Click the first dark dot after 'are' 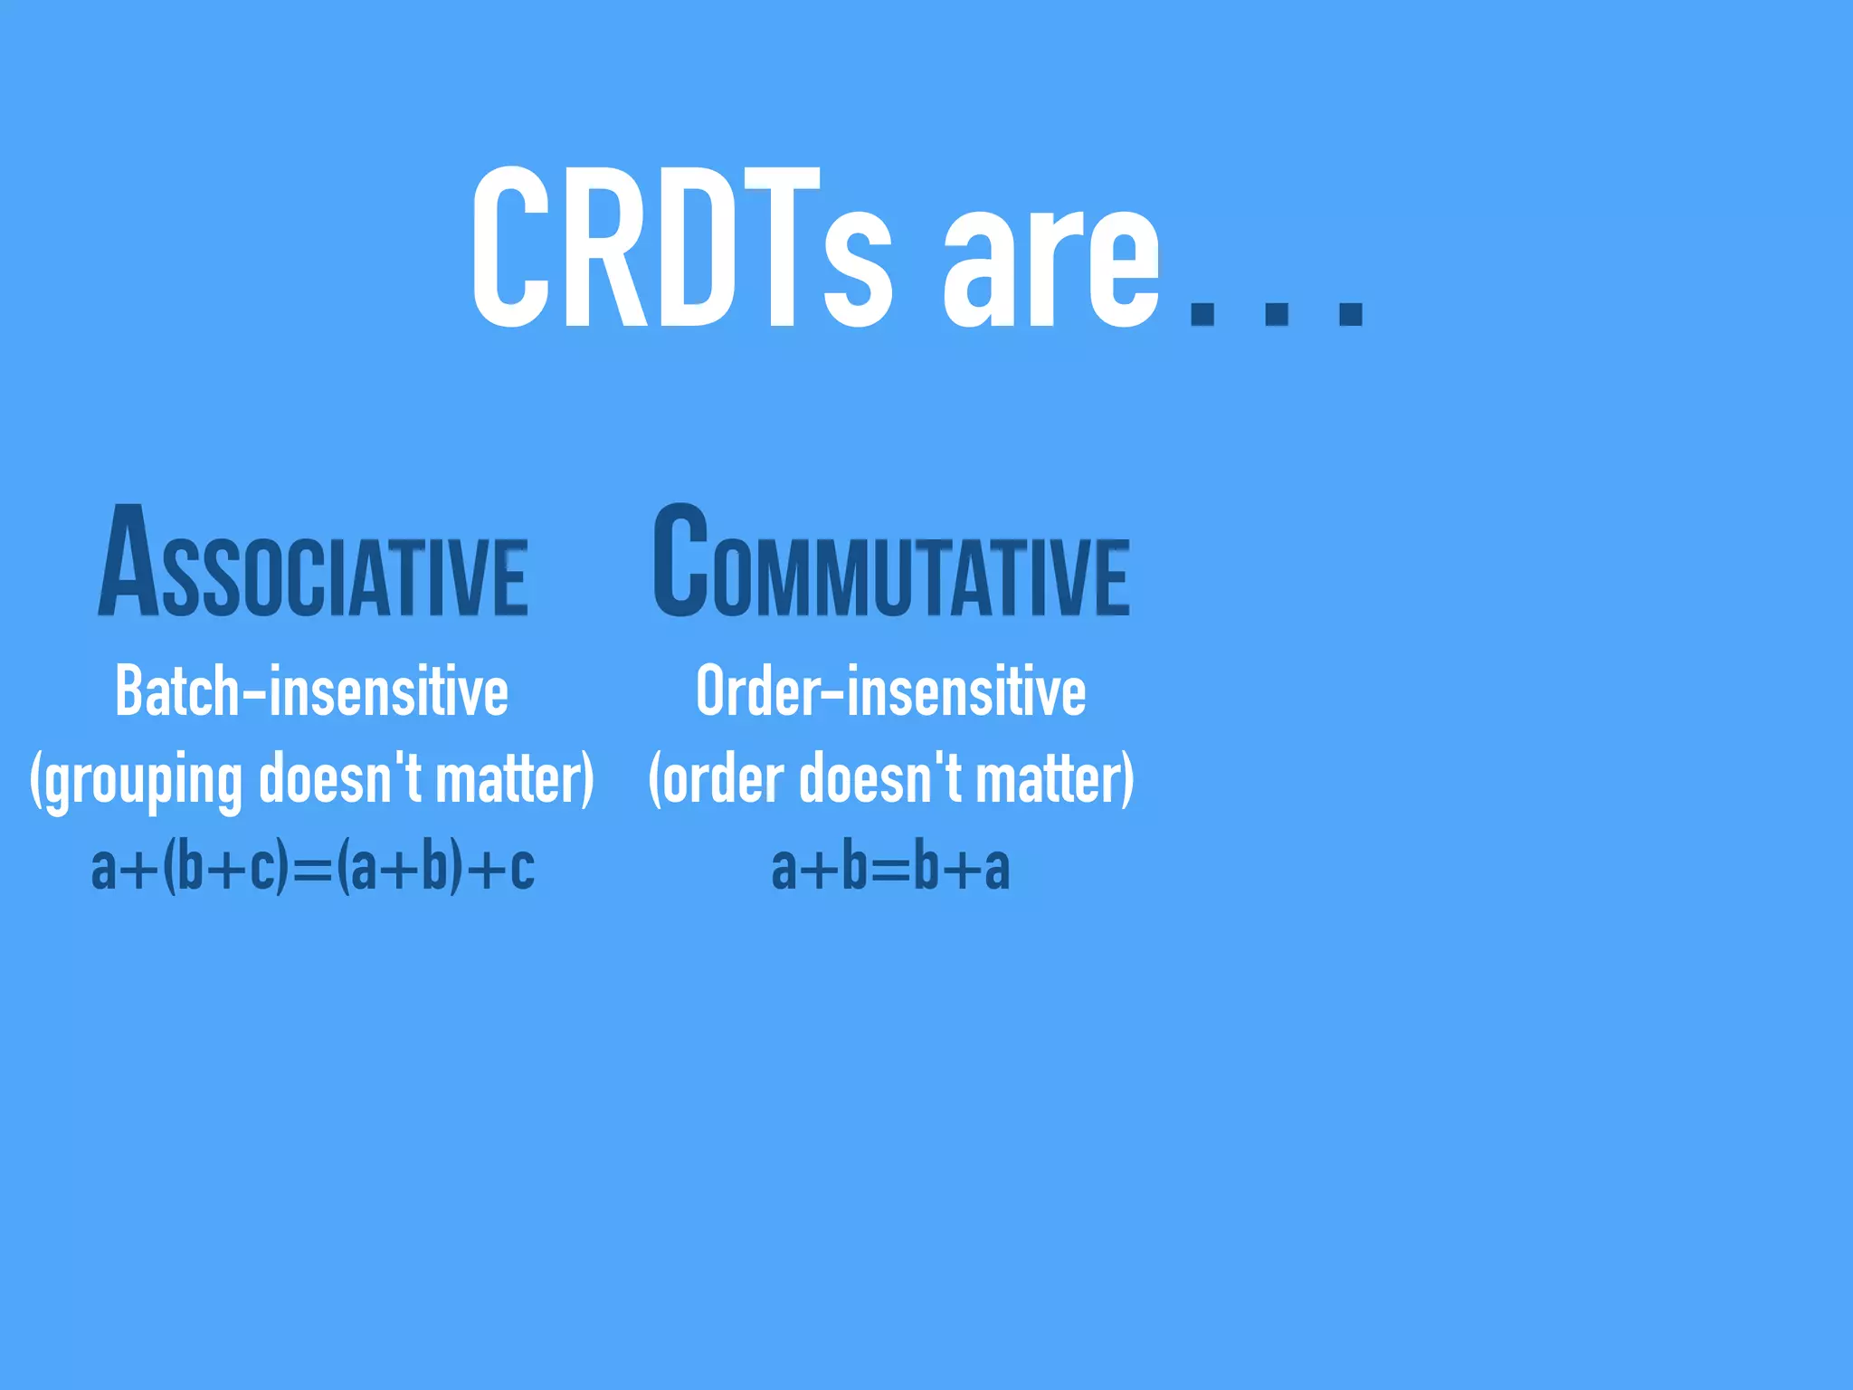coord(1202,309)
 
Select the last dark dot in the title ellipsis coord(1351,309)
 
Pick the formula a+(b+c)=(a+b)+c coord(313,867)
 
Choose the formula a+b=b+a coord(891,867)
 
